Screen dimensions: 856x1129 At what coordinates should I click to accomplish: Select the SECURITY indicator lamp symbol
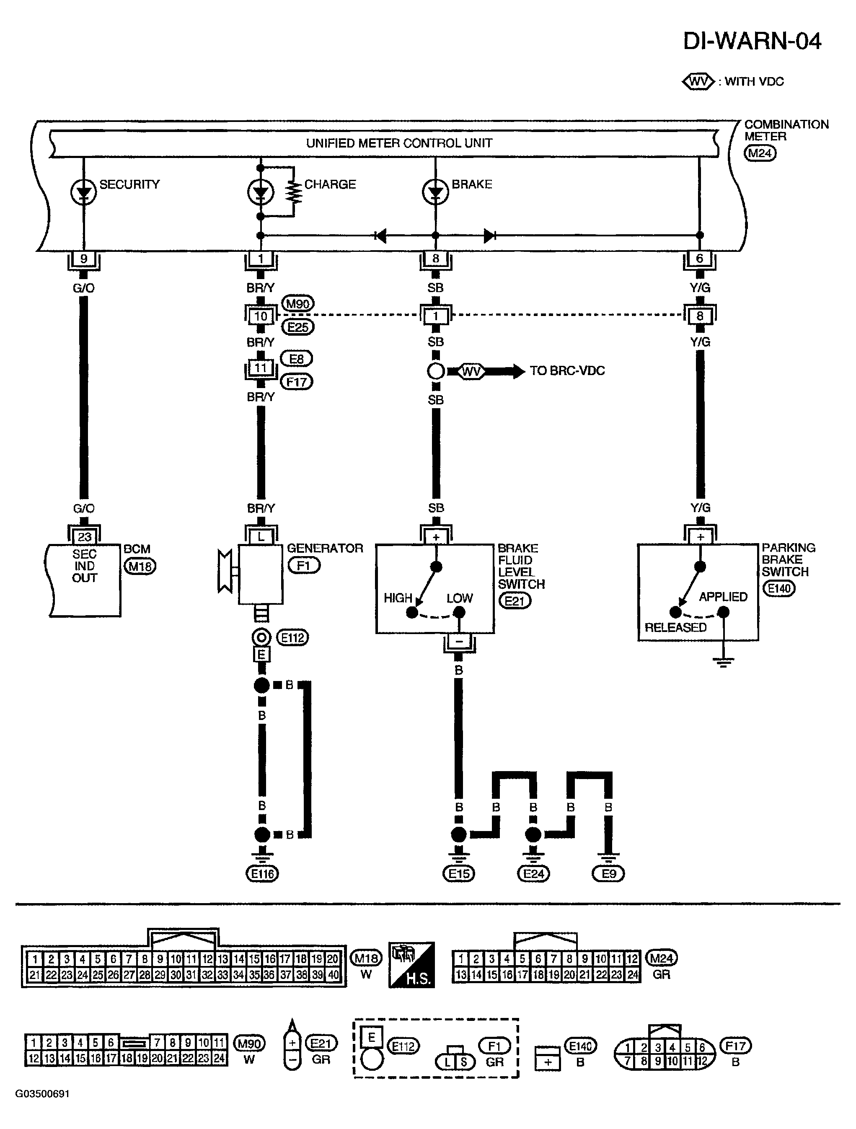[83, 192]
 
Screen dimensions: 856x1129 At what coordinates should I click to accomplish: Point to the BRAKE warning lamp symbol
[435, 192]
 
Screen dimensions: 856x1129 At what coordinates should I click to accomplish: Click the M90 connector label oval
[298, 304]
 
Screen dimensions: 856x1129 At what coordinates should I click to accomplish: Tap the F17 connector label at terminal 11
[297, 382]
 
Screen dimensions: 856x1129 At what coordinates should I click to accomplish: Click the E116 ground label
[262, 874]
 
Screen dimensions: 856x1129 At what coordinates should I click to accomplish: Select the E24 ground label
[533, 874]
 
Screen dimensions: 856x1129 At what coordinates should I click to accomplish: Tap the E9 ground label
[608, 874]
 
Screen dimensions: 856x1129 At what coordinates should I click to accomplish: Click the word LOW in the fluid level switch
[459, 598]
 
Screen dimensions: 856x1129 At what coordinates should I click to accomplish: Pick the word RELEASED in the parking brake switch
[675, 627]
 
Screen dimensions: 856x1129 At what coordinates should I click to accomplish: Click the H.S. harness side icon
[411, 965]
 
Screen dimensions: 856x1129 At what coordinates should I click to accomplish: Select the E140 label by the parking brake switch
[779, 588]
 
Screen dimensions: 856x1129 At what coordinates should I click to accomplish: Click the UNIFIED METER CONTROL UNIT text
[399, 143]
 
